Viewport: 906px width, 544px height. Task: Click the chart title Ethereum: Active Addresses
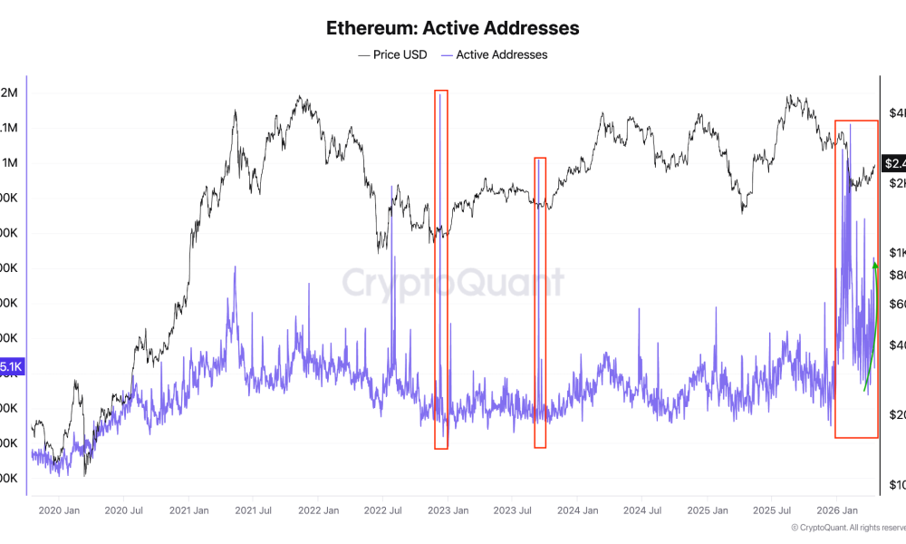tap(453, 28)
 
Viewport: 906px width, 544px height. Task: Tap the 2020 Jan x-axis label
tap(60, 510)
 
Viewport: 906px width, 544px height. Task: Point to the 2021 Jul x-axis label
tap(253, 510)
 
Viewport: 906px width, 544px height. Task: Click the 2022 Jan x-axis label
tap(318, 510)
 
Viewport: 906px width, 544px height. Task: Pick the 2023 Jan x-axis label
tap(448, 510)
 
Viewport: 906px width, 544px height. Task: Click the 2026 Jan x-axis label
tap(836, 510)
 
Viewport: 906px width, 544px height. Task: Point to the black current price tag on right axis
tap(893, 163)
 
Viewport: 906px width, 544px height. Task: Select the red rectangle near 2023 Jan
tap(441, 269)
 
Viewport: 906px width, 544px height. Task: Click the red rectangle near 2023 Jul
tap(540, 302)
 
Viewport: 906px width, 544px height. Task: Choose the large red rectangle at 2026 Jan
tap(856, 278)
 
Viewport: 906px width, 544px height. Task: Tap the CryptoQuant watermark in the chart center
tap(453, 283)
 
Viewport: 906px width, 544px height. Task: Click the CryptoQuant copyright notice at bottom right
tap(847, 527)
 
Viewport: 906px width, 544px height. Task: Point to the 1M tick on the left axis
tap(11, 163)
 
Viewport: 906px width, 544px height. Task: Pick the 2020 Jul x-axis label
tap(124, 510)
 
